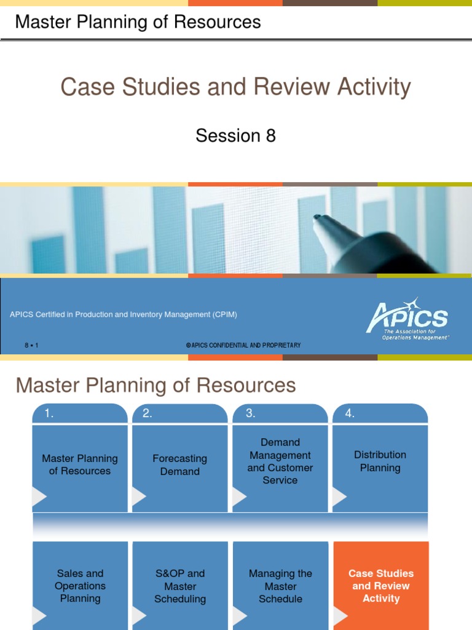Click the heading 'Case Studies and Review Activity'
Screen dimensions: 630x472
click(235, 87)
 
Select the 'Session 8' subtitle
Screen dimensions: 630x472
click(235, 135)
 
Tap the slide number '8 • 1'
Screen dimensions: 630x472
click(31, 345)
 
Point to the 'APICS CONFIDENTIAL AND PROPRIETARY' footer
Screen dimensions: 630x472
click(243, 345)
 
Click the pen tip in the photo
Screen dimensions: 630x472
click(318, 217)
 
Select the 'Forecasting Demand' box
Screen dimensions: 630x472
click(179, 465)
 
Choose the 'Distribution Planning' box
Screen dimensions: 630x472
click(380, 461)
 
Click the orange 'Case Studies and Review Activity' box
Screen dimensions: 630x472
click(381, 586)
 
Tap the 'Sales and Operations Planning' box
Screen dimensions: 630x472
click(80, 586)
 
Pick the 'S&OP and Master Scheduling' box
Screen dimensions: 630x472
click(180, 586)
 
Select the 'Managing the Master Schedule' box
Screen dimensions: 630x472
click(280, 586)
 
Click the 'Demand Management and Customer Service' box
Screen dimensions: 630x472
click(280, 461)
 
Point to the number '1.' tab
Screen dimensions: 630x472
click(49, 414)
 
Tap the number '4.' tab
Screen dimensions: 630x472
click(350, 414)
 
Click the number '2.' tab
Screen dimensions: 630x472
click(147, 414)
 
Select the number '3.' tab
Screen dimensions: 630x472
click(250, 414)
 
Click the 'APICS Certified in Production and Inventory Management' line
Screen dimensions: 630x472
click(124, 314)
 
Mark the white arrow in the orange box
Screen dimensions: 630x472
click(340, 615)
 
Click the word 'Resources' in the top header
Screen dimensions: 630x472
click(217, 22)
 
